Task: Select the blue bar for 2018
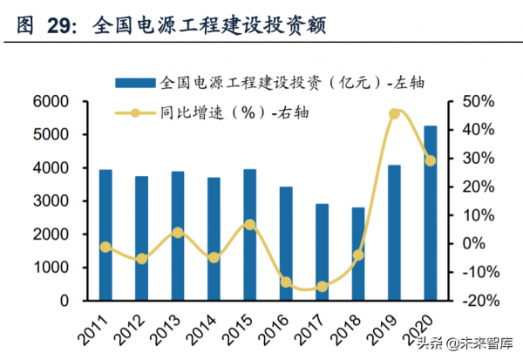(357, 254)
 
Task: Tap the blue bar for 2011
(105, 234)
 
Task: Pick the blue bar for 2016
(285, 243)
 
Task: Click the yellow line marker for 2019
(394, 113)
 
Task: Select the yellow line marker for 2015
(250, 224)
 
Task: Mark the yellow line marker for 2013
(178, 233)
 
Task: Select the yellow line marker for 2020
(430, 160)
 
